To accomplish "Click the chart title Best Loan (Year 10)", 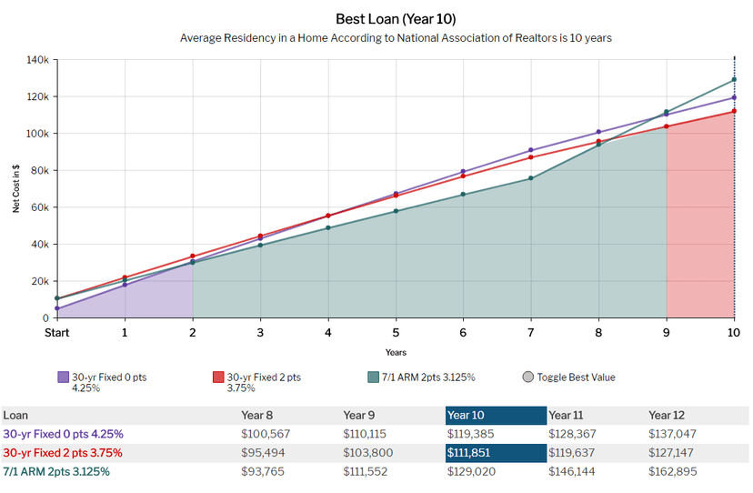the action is pyautogui.click(x=396, y=19).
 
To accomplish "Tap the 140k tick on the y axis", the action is pyautogui.click(x=38, y=60).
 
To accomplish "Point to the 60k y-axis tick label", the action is pyautogui.click(x=40, y=207).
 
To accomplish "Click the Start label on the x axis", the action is pyautogui.click(x=56, y=333).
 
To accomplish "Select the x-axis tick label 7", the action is pyautogui.click(x=531, y=333).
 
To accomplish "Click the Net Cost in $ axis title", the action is pyautogui.click(x=16, y=188).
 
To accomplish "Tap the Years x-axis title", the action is pyautogui.click(x=396, y=352).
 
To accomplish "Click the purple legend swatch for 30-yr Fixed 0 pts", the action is pyautogui.click(x=64, y=377).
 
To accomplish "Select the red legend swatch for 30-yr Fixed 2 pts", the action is pyautogui.click(x=218, y=377).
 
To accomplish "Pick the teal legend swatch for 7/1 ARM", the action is pyautogui.click(x=373, y=377).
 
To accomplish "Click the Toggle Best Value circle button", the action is pyautogui.click(x=527, y=377).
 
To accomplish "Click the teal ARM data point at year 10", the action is pyautogui.click(x=734, y=80).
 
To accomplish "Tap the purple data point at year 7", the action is pyautogui.click(x=531, y=150).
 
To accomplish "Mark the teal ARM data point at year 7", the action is pyautogui.click(x=531, y=178).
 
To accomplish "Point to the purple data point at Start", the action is pyautogui.click(x=57, y=308).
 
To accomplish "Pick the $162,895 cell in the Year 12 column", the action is pyautogui.click(x=672, y=471).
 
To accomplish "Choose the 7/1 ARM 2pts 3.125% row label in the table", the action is pyautogui.click(x=56, y=471).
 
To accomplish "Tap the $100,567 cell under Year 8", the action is pyautogui.click(x=266, y=434).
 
